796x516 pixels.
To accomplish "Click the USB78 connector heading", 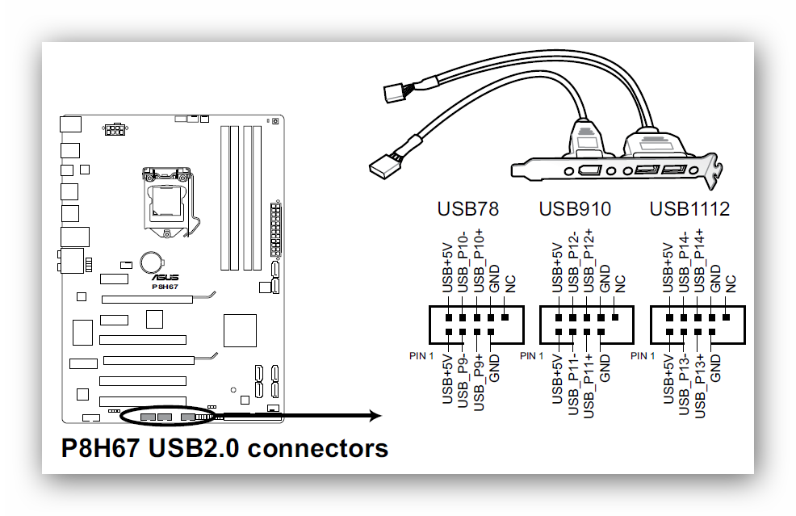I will [467, 209].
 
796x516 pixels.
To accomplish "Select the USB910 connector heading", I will [575, 209].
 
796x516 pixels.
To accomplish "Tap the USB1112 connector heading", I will [689, 209].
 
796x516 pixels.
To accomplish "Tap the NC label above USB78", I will [509, 283].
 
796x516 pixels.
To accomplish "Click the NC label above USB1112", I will [731, 283].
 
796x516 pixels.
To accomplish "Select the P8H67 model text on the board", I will [166, 287].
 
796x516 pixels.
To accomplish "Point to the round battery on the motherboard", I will [151, 262].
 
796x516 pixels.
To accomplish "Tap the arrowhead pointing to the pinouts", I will [374, 416].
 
